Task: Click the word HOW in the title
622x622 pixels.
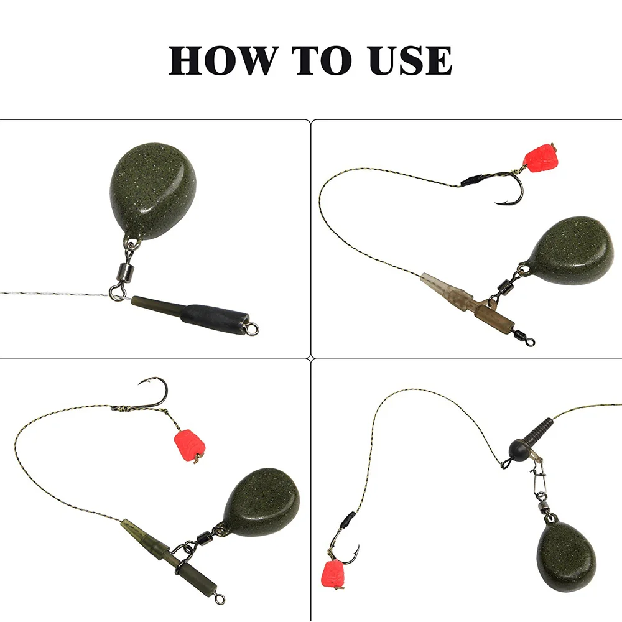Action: (221, 61)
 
